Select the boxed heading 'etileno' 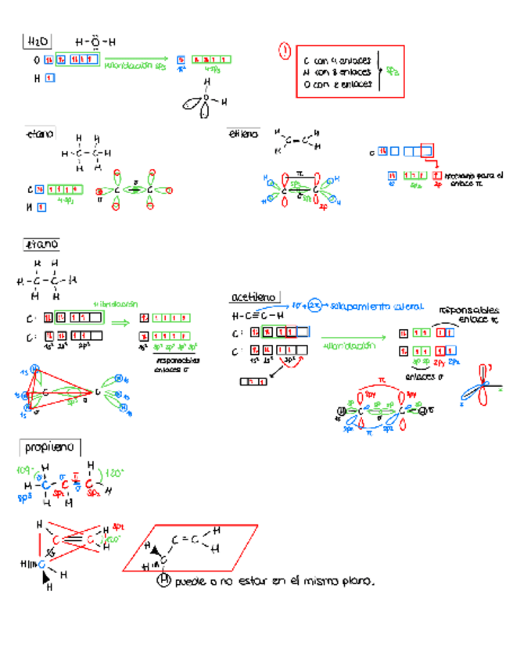coord(241,134)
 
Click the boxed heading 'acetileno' coord(254,297)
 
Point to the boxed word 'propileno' coord(49,448)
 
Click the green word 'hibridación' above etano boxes coord(115,303)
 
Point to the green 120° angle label coord(115,473)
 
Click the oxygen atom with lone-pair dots coord(95,41)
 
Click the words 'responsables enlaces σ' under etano coord(178,364)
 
